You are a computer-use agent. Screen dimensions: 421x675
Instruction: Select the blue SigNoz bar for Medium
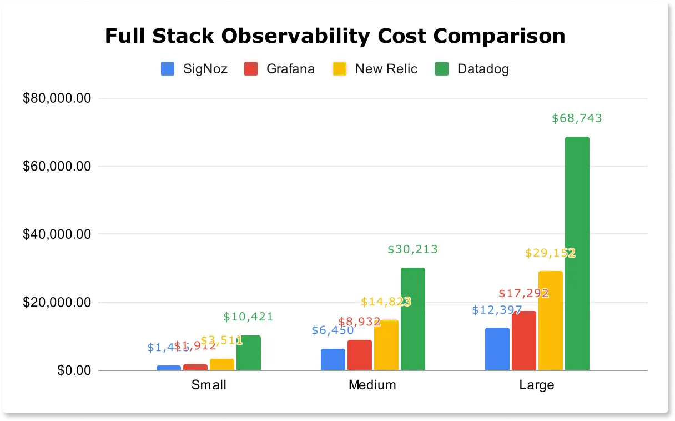[x=333, y=359]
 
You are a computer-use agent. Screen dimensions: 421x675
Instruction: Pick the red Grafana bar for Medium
[x=359, y=355]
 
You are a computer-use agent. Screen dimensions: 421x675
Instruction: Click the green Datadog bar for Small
[x=248, y=353]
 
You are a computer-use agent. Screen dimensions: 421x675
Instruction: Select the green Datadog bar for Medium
[x=412, y=319]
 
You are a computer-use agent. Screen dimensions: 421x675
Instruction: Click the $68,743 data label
[x=577, y=118]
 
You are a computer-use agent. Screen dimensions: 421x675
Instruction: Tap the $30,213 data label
[x=412, y=249]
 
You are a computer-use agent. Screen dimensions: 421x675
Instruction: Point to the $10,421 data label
[x=248, y=317]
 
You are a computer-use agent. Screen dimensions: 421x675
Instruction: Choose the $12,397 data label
[x=497, y=310]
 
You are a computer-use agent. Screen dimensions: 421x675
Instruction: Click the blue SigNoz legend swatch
[x=168, y=69]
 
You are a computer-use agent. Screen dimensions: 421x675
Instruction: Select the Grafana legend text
[x=290, y=69]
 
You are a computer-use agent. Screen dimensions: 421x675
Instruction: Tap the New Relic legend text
[x=386, y=69]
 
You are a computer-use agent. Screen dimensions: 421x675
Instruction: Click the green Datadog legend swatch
[x=442, y=69]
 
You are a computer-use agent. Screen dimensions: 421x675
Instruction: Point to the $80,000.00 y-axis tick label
[x=56, y=98]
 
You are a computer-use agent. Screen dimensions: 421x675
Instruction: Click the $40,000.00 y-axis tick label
[x=56, y=234]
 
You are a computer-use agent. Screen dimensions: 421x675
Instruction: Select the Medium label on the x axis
[x=372, y=385]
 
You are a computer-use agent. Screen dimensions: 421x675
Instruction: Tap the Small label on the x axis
[x=209, y=385]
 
